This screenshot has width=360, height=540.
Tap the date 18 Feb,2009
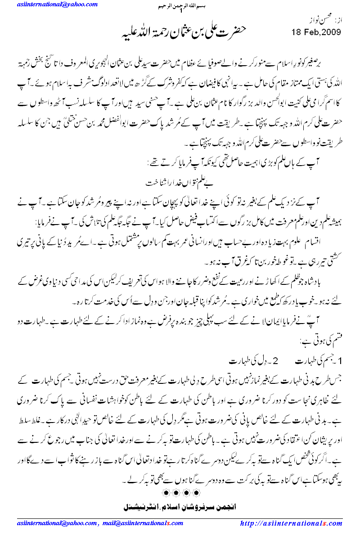(316, 32)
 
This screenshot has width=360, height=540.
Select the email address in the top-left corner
(58, 4)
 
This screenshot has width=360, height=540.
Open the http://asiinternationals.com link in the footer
(291, 523)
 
